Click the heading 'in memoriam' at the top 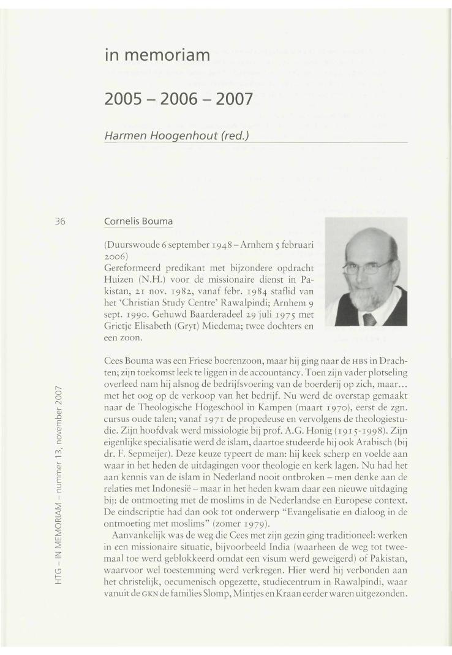[158, 56]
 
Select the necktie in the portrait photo [369, 318]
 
